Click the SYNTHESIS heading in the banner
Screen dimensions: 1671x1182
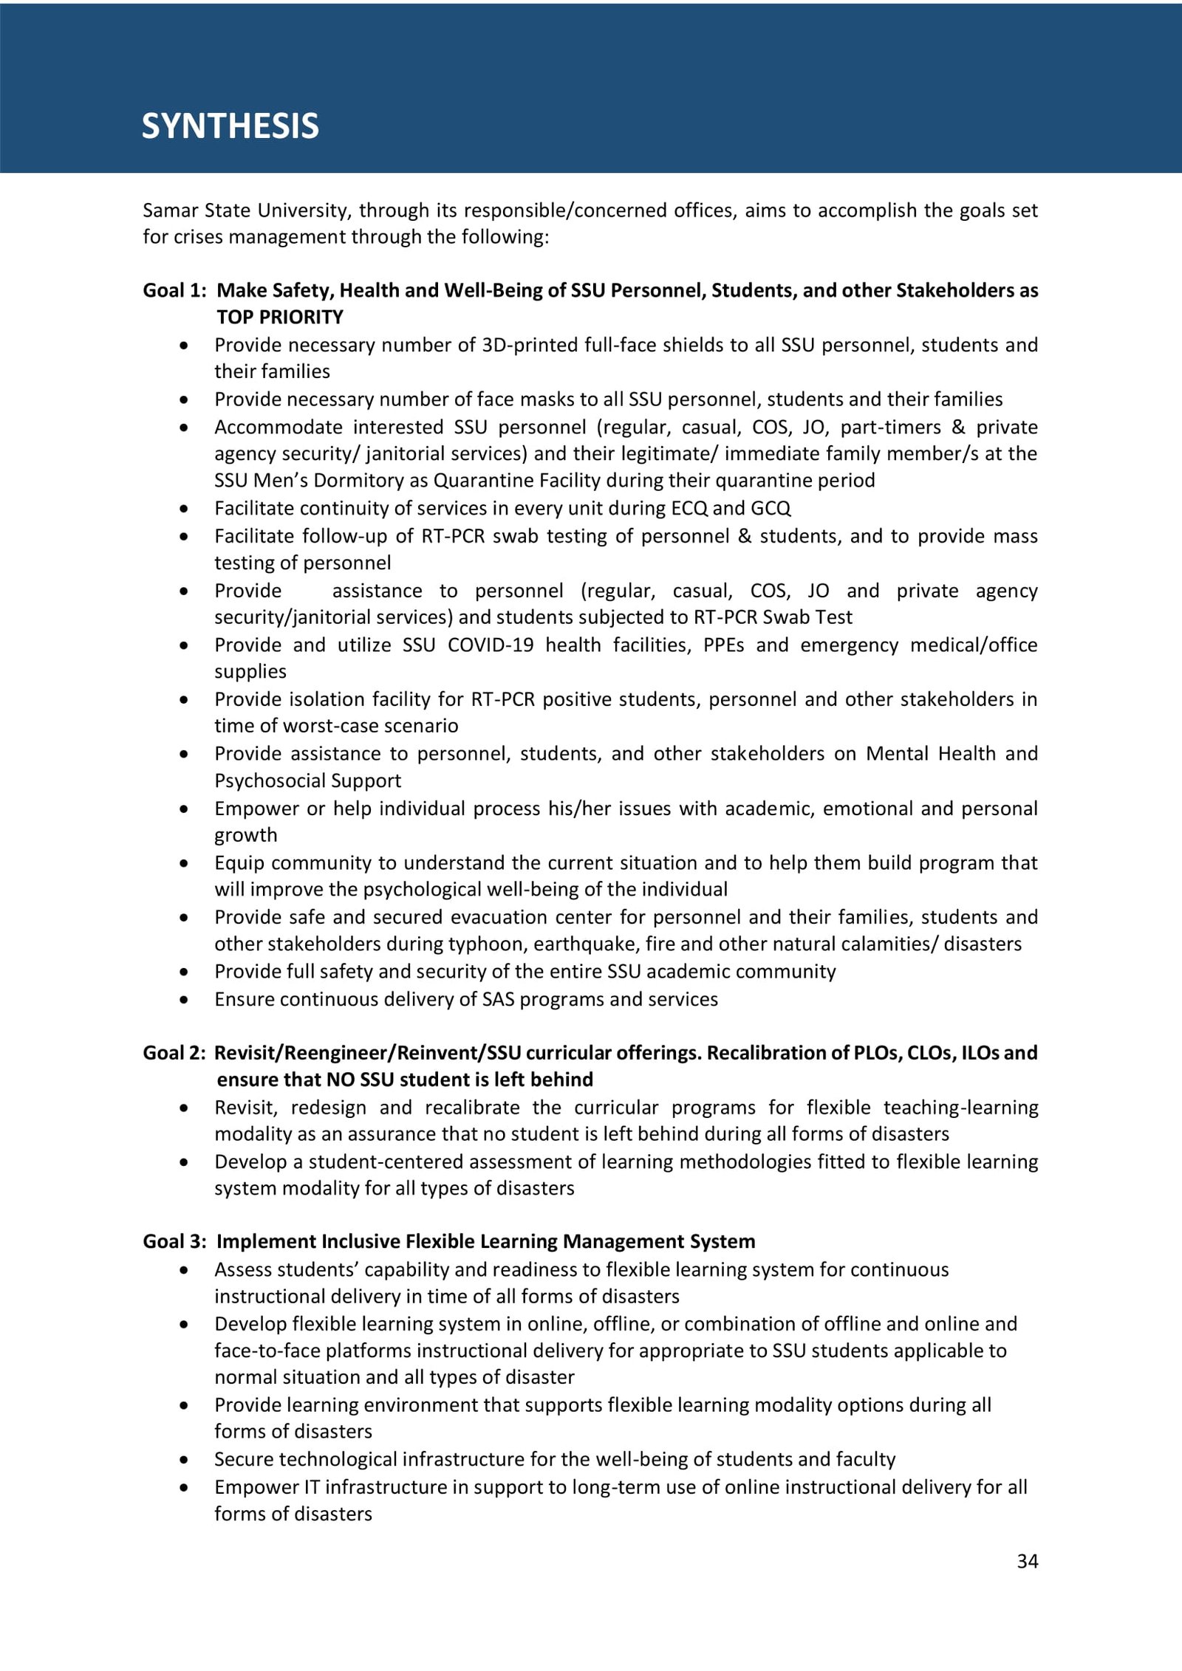pos(230,126)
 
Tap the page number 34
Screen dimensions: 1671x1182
pos(1027,1561)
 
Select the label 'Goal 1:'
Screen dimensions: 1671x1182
pos(174,290)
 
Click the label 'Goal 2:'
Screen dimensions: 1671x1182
pos(174,1052)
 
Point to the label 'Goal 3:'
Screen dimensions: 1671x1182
pos(174,1241)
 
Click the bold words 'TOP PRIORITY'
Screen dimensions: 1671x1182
pos(280,317)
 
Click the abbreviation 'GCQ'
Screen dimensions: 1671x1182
pos(771,508)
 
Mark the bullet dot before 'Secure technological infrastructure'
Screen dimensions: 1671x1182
pos(184,1460)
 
